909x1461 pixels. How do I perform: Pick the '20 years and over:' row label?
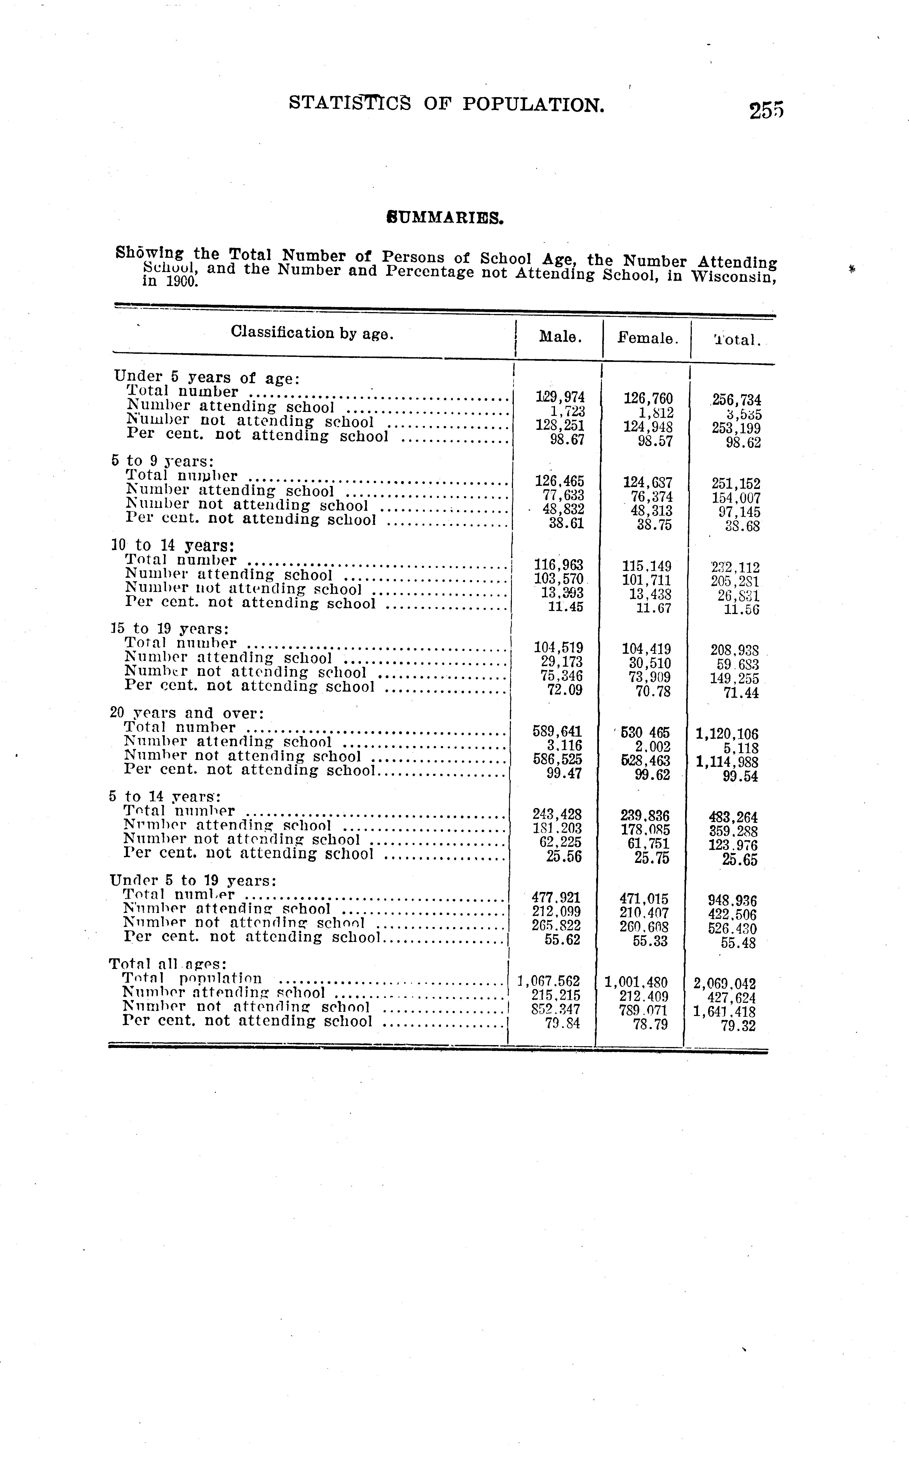[187, 713]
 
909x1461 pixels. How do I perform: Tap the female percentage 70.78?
[648, 692]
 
